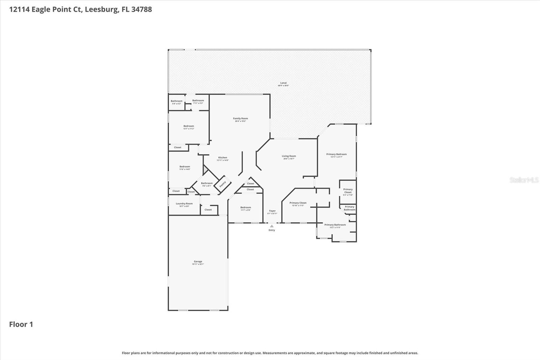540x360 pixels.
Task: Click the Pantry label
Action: click(x=222, y=184)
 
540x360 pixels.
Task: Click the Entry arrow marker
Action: click(x=272, y=226)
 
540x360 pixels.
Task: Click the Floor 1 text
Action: click(x=21, y=324)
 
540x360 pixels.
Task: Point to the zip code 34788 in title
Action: click(x=141, y=9)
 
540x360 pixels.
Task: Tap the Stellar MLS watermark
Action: click(x=524, y=180)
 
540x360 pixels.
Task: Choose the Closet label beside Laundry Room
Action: click(x=208, y=210)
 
